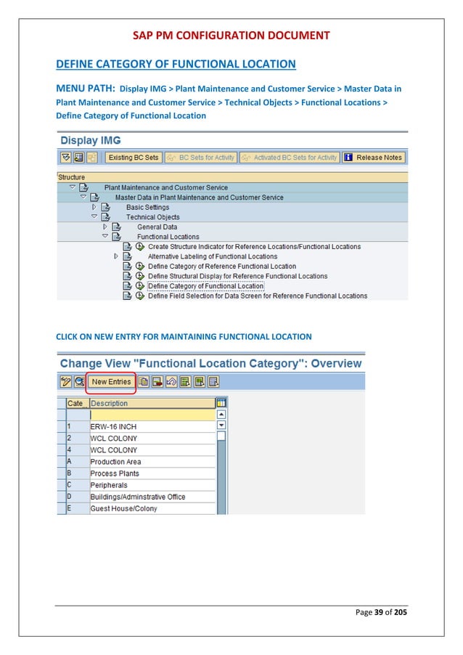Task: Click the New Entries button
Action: click(x=111, y=382)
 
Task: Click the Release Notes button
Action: click(x=373, y=157)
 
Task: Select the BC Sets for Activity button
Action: click(x=200, y=157)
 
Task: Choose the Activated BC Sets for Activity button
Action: click(x=290, y=157)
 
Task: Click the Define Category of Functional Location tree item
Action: click(x=206, y=286)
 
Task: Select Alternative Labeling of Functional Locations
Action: click(x=212, y=256)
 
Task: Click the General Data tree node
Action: click(x=157, y=227)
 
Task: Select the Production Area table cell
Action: click(x=115, y=462)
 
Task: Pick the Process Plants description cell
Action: click(x=114, y=473)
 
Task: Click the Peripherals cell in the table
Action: click(x=108, y=485)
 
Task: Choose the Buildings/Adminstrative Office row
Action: click(x=137, y=497)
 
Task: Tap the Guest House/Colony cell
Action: click(x=123, y=508)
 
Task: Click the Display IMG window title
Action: click(x=91, y=140)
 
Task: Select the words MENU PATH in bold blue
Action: click(x=85, y=89)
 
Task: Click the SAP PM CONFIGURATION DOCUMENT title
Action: click(x=231, y=35)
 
